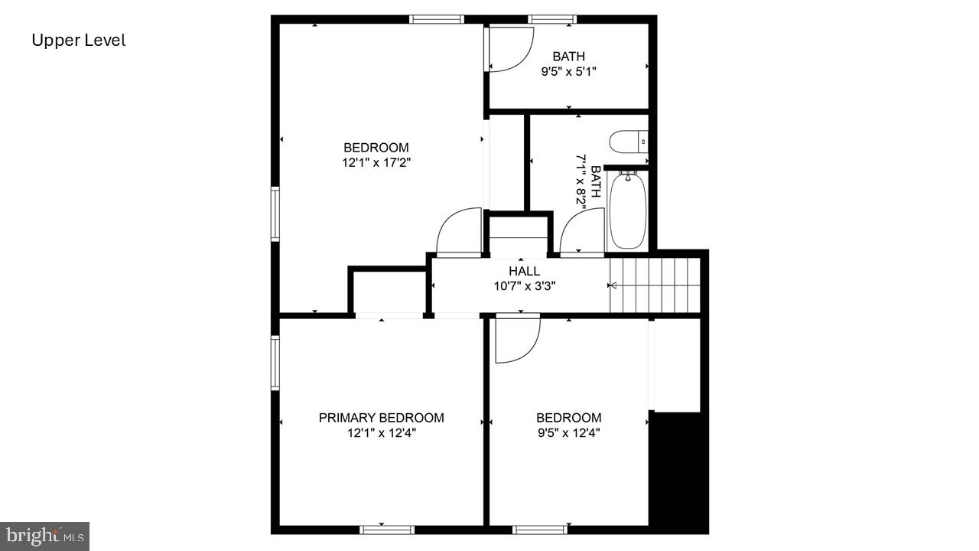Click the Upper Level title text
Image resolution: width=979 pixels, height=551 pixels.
(x=78, y=41)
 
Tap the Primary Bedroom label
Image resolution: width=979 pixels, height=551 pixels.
(x=381, y=418)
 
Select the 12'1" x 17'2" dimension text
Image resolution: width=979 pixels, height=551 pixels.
(x=376, y=162)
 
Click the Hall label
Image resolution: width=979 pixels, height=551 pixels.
(x=524, y=271)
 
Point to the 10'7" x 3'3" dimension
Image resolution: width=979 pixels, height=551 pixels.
(x=524, y=286)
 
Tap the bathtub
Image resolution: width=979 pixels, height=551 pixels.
(x=628, y=210)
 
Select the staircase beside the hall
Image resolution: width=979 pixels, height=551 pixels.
(x=655, y=285)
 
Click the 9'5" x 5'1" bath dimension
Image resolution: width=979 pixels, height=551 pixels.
(x=568, y=71)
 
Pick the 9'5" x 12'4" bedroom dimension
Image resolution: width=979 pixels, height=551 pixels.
(x=568, y=433)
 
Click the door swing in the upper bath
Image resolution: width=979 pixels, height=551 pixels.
(x=509, y=50)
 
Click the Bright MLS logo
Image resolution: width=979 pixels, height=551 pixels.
(x=44, y=535)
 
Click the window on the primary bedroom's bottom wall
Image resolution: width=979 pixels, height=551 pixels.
(x=387, y=529)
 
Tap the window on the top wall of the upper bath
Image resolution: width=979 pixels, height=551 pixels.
(x=552, y=19)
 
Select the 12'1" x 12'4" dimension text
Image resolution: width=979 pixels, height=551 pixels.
(x=381, y=433)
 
